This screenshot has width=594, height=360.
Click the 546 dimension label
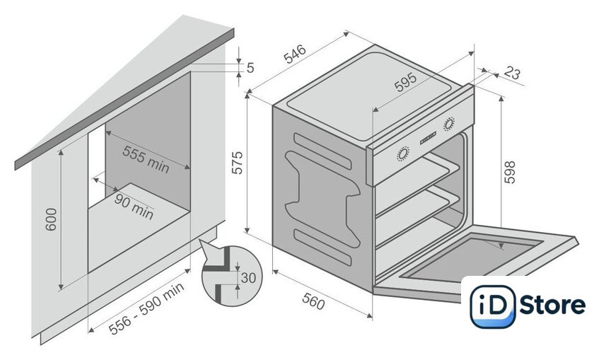[295, 54]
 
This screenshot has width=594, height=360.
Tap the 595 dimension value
[405, 82]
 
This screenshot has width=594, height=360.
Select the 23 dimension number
[512, 73]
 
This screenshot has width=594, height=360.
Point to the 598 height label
[510, 172]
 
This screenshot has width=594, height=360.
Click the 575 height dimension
[237, 163]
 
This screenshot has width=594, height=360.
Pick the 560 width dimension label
[313, 301]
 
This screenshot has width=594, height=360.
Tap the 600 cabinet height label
[51, 219]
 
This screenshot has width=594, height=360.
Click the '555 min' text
[146, 159]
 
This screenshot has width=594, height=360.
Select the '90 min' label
[134, 207]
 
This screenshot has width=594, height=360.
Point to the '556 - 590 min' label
[146, 308]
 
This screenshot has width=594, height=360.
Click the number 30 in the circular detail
[248, 278]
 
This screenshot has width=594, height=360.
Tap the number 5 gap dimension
[250, 68]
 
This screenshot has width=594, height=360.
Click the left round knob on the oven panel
[402, 153]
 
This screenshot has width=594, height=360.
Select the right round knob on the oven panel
[449, 124]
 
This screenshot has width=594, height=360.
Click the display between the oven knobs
[428, 138]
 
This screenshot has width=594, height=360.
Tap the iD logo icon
[492, 306]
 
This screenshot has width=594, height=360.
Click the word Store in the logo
[552, 305]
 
